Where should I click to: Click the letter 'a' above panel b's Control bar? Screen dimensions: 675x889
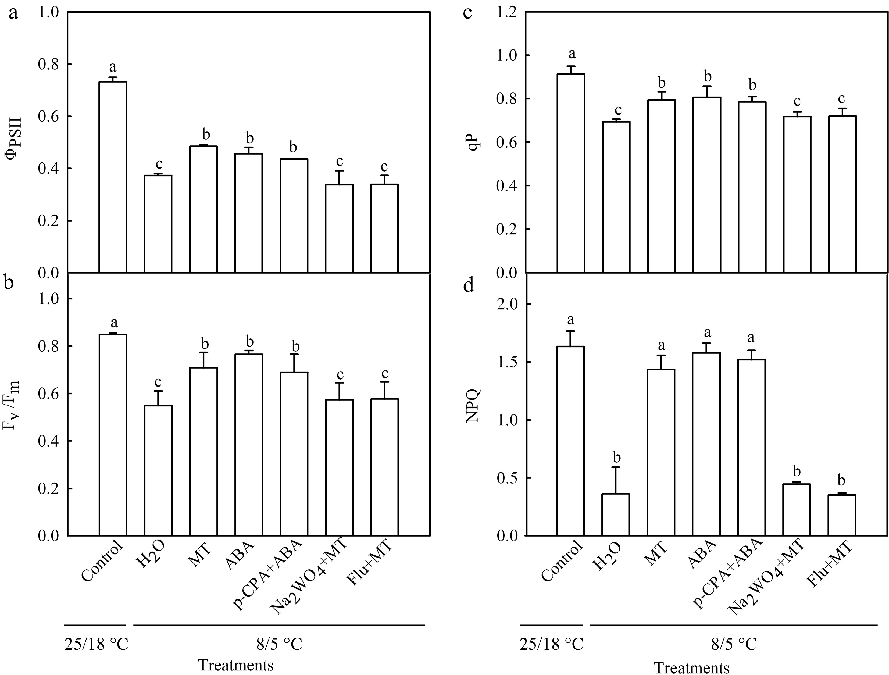point(114,322)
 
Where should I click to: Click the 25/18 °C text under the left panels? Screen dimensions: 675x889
point(96,644)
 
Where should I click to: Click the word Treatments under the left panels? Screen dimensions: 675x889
point(236,665)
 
